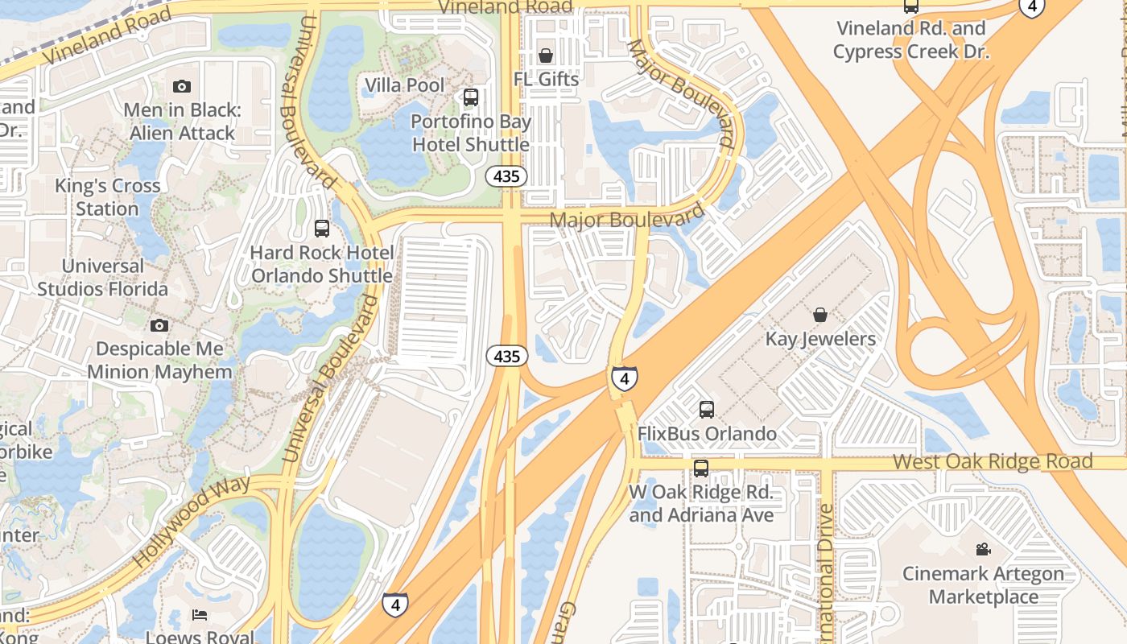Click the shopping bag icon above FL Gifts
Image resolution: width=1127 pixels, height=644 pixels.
pos(546,56)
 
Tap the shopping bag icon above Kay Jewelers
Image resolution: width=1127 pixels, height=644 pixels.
pos(819,315)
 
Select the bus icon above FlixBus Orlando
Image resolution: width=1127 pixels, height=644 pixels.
pos(706,410)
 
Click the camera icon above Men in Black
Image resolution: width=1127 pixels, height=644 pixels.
pos(182,86)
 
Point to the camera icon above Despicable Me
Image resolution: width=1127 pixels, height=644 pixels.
pos(159,325)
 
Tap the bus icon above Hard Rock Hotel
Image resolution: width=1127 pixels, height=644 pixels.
pos(322,229)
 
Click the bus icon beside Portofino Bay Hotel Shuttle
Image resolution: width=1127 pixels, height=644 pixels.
pos(471,97)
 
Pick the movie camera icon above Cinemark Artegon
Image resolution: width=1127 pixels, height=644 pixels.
pos(983,549)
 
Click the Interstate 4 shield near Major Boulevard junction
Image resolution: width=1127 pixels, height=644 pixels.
pos(624,378)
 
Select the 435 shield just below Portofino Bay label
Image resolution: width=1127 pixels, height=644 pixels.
pos(507,176)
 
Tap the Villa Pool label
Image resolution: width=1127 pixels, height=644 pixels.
pos(404,85)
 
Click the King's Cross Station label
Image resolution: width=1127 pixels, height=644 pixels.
pos(107,197)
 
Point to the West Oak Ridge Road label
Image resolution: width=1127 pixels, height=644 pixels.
pos(993,462)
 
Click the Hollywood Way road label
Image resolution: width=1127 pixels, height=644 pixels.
pos(192,522)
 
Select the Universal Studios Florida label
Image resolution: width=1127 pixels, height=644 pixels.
pos(103,277)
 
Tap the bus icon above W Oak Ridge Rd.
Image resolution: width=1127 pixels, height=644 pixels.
pos(701,469)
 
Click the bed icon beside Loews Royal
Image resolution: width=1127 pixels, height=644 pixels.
pos(200,615)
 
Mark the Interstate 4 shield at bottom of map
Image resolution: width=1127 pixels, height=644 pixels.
pos(394,604)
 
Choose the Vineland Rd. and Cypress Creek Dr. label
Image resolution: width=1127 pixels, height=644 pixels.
pos(910,40)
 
